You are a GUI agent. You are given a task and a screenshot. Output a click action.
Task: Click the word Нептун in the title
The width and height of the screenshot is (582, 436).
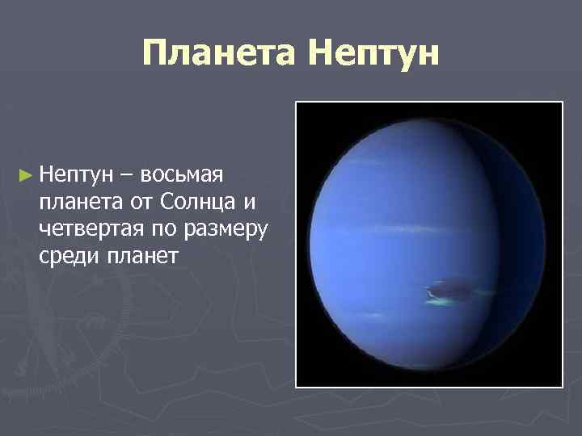coord(374,53)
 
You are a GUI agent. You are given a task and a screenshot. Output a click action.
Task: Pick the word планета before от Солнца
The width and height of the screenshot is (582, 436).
coord(77,201)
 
